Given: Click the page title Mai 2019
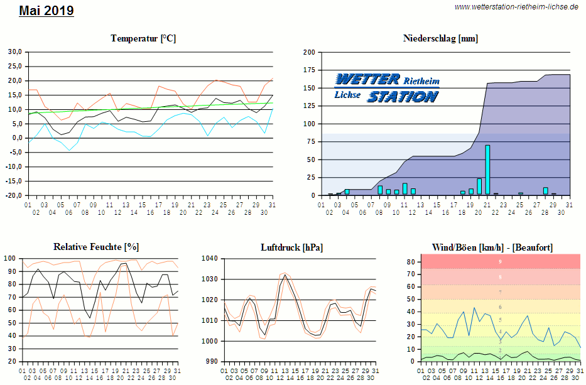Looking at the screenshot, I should (x=46, y=11).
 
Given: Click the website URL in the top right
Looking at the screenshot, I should (x=516, y=7).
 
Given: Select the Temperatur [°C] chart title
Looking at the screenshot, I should (x=143, y=38).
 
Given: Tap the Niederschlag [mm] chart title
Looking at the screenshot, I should (x=440, y=38).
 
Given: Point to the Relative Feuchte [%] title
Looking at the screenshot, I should (x=96, y=247).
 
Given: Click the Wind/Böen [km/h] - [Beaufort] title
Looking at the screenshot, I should (x=492, y=247).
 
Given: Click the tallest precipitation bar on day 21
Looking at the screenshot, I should (x=487, y=170).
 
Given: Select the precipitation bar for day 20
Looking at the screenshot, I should (x=479, y=187).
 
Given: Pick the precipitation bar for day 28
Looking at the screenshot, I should (x=545, y=191).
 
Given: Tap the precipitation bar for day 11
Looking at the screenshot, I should (x=405, y=188).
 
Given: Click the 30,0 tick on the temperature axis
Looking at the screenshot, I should (x=14, y=52).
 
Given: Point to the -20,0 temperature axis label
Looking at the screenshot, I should (x=13, y=195).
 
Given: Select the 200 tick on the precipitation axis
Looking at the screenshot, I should (x=309, y=53).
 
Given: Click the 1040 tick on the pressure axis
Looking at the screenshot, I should (x=209, y=258).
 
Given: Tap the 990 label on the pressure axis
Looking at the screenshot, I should (x=211, y=362).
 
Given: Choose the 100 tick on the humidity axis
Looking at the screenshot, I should (x=11, y=258).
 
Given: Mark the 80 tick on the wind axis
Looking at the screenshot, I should (x=410, y=262).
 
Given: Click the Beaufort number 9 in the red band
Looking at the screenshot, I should (x=500, y=261).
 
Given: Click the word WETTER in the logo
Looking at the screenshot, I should (x=368, y=79).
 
